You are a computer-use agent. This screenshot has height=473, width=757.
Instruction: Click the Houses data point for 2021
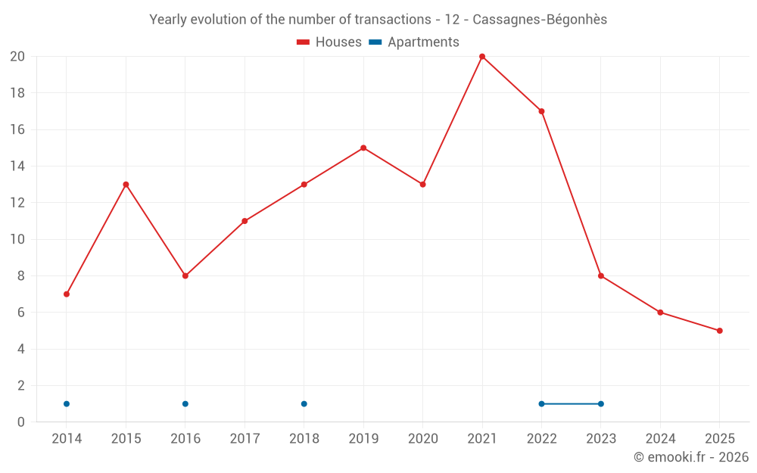pyautogui.click(x=482, y=57)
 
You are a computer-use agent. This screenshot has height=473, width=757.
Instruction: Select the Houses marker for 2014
pyautogui.click(x=67, y=294)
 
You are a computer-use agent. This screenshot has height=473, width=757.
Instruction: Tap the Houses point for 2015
pyautogui.click(x=126, y=185)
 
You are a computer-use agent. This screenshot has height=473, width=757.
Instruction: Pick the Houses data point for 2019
pyautogui.click(x=363, y=148)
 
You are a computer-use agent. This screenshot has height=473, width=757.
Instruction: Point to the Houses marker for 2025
pyautogui.click(x=719, y=331)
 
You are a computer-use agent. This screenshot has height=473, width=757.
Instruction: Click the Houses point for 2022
pyautogui.click(x=541, y=111)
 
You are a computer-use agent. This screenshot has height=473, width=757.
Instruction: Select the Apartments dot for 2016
pyautogui.click(x=185, y=404)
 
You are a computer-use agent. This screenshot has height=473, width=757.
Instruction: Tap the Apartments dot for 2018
pyautogui.click(x=304, y=404)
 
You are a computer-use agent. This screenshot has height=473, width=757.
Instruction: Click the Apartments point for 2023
pyautogui.click(x=601, y=404)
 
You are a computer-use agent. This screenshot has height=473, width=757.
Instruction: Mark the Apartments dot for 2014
pyautogui.click(x=67, y=404)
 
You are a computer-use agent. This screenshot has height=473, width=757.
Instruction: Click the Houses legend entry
pyautogui.click(x=329, y=42)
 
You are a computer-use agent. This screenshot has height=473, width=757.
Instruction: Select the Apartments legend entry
pyautogui.click(x=414, y=42)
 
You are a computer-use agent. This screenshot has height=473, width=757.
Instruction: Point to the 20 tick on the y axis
pyautogui.click(x=17, y=57)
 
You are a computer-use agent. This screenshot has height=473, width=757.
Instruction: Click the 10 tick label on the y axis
pyautogui.click(x=17, y=239)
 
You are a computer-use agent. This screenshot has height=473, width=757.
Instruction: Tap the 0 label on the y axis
pyautogui.click(x=20, y=422)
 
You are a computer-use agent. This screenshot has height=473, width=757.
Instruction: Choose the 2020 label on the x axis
pyautogui.click(x=422, y=439)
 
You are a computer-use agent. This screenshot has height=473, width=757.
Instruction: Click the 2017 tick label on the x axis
pyautogui.click(x=245, y=439)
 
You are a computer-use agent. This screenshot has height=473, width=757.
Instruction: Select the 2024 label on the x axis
pyautogui.click(x=660, y=439)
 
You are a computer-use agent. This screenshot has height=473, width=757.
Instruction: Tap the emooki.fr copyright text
pyautogui.click(x=691, y=457)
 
